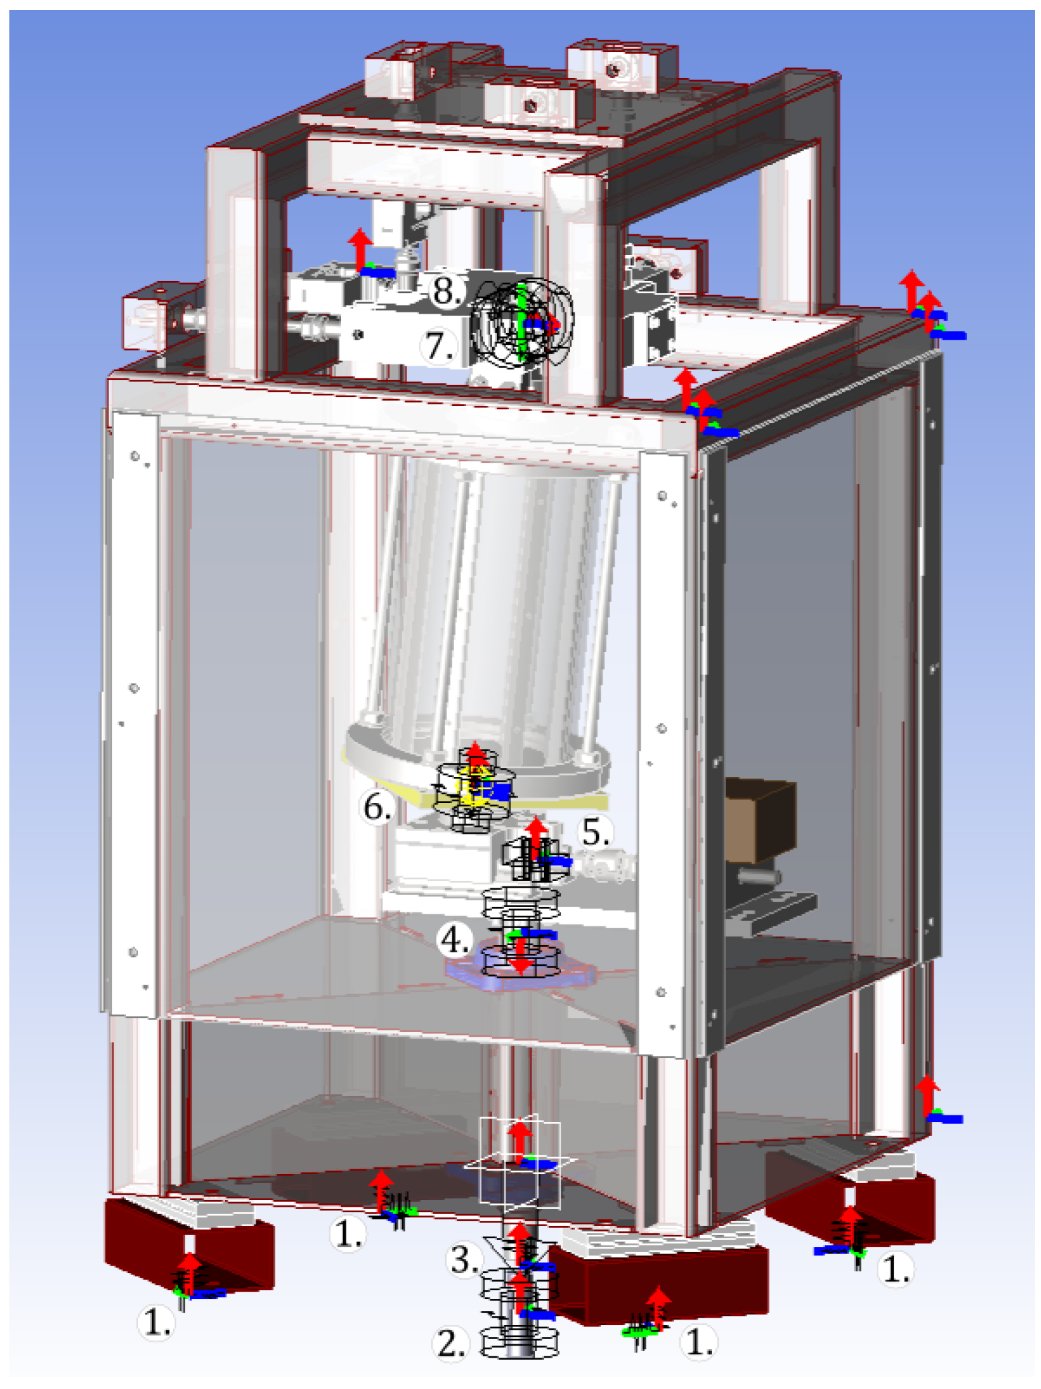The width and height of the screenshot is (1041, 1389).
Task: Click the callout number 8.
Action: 446,291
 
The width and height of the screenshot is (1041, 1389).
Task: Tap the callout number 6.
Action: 376,807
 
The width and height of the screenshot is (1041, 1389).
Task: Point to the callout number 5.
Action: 596,832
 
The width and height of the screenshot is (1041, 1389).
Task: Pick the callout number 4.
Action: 454,940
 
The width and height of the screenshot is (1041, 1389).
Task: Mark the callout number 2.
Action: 450,1343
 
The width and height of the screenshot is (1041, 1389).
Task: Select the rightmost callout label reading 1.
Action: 896,1269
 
